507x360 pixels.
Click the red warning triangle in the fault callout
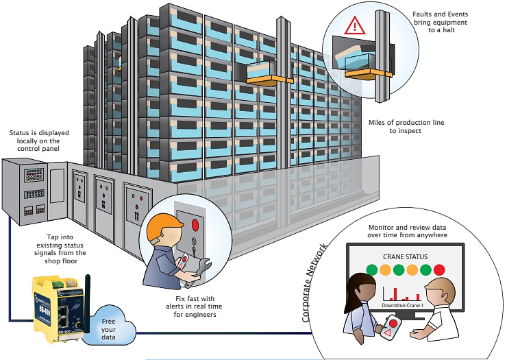pyautogui.click(x=354, y=27)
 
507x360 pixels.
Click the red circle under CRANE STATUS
pyautogui.click(x=438, y=270)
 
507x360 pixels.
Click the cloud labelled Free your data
pyautogui.click(x=110, y=323)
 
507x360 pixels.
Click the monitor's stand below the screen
pyautogui.click(x=408, y=316)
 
